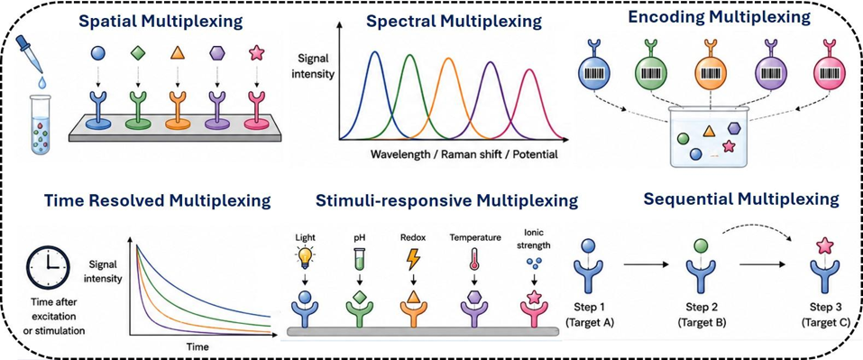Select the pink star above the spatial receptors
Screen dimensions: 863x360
[256, 53]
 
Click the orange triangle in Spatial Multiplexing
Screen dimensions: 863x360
[176, 53]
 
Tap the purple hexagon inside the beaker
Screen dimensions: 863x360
[734, 128]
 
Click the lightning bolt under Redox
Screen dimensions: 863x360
[412, 259]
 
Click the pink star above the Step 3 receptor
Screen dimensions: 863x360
[824, 245]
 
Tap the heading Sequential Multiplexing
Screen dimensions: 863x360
[741, 199]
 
